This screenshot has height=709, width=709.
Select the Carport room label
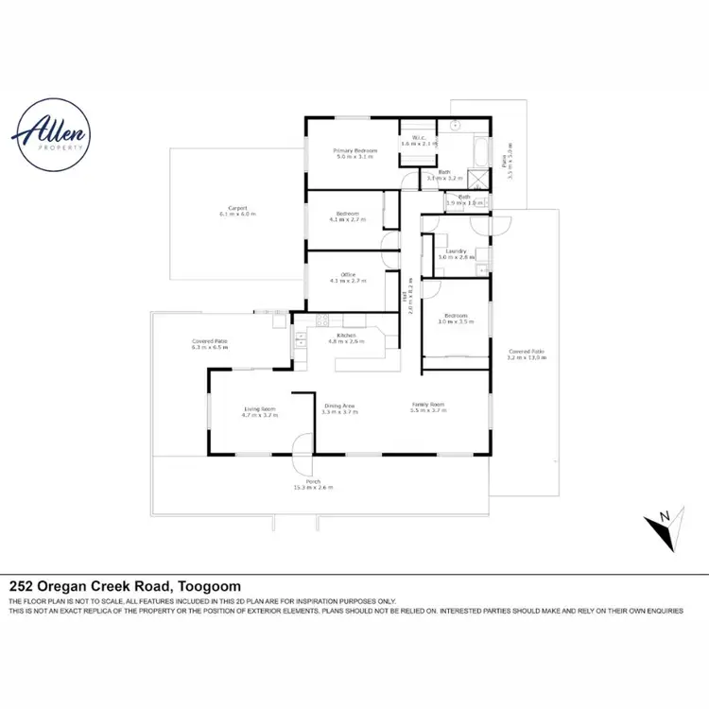(x=237, y=208)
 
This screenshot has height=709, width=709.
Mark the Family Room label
(x=427, y=405)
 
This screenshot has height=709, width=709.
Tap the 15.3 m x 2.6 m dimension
(x=313, y=488)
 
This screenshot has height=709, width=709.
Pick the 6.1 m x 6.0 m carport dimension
(x=237, y=215)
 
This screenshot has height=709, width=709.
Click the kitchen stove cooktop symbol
(x=321, y=319)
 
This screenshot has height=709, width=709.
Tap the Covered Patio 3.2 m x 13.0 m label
(x=526, y=354)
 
